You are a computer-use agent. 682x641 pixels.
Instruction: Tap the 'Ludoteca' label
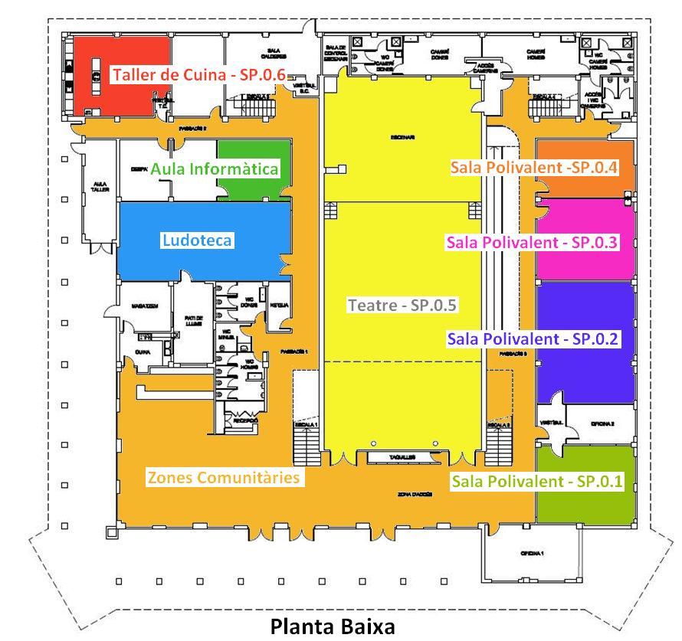coord(197,240)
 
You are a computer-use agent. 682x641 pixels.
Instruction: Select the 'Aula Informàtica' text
coord(214,168)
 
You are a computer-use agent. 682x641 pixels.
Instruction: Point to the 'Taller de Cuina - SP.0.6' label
coord(198,75)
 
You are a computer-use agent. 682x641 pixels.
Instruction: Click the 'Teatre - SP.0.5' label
coord(402,305)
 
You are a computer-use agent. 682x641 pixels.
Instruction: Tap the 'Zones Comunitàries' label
coord(222,477)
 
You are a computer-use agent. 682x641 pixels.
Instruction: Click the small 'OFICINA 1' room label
coord(531,553)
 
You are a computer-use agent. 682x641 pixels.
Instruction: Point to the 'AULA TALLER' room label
coord(100,188)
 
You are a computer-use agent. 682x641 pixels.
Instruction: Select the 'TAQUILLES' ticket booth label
coord(402,456)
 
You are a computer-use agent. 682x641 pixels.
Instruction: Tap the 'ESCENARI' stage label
coord(402,138)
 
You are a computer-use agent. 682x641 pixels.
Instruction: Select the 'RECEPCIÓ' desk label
coord(245,420)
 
